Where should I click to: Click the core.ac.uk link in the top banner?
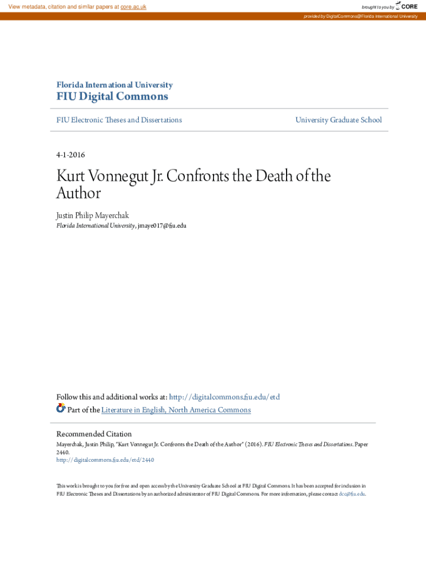pyautogui.click(x=133, y=7)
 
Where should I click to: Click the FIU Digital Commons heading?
pyautogui.click(x=112, y=96)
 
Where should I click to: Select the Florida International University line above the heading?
pyautogui.click(x=115, y=85)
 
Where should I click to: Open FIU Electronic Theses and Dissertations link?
pyautogui.click(x=119, y=120)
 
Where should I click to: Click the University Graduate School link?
pyautogui.click(x=338, y=120)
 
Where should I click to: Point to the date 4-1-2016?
pyautogui.click(x=71, y=154)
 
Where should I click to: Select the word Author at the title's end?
pyautogui.click(x=79, y=193)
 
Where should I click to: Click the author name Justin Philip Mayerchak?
pyautogui.click(x=92, y=215)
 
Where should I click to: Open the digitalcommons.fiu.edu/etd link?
pyautogui.click(x=224, y=397)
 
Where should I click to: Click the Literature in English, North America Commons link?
pyautogui.click(x=176, y=410)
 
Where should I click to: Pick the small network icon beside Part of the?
pyautogui.click(x=61, y=409)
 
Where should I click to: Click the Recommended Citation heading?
pyautogui.click(x=94, y=434)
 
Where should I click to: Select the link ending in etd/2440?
pyautogui.click(x=105, y=460)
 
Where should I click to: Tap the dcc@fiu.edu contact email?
pyautogui.click(x=352, y=494)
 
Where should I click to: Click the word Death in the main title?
pyautogui.click(x=261, y=177)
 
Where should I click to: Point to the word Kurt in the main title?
pyautogui.click(x=70, y=177)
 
